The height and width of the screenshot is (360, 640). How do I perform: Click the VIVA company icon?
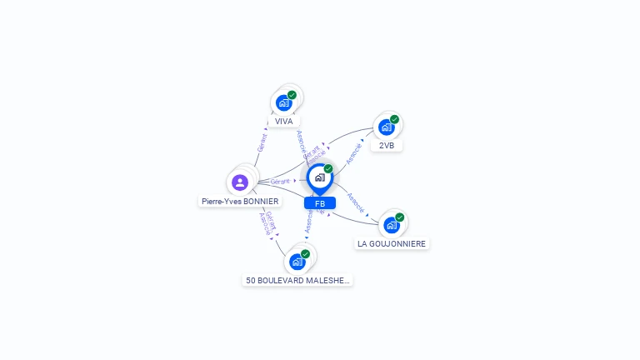tap(284, 103)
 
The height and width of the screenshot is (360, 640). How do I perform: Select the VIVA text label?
tap(284, 121)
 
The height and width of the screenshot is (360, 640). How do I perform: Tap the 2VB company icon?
tap(387, 127)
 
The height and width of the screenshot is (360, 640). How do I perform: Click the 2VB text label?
tap(387, 145)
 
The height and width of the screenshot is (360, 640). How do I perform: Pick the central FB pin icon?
tap(319, 177)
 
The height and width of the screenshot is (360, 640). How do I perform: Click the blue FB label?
tap(320, 203)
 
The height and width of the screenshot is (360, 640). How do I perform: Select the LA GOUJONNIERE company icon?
tap(392, 225)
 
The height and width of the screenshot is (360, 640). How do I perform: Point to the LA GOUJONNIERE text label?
tap(392, 243)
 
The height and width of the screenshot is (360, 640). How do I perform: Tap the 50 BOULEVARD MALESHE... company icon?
tap(297, 262)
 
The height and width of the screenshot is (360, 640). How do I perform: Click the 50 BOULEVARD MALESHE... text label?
tap(297, 281)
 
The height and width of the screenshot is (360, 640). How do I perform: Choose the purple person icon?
tap(240, 182)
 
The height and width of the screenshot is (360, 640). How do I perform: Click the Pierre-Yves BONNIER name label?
tap(240, 201)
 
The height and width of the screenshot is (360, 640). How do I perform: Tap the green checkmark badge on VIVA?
tap(292, 95)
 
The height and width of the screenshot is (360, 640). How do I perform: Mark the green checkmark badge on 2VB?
tap(395, 119)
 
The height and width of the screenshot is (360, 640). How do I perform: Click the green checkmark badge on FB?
tap(328, 168)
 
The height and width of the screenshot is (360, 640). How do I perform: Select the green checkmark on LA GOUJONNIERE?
tap(400, 217)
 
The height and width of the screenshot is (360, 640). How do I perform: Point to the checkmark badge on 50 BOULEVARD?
tap(306, 253)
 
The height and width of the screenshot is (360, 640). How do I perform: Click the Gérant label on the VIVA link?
tap(262, 142)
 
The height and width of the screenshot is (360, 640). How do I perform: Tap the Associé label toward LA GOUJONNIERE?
tap(355, 204)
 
